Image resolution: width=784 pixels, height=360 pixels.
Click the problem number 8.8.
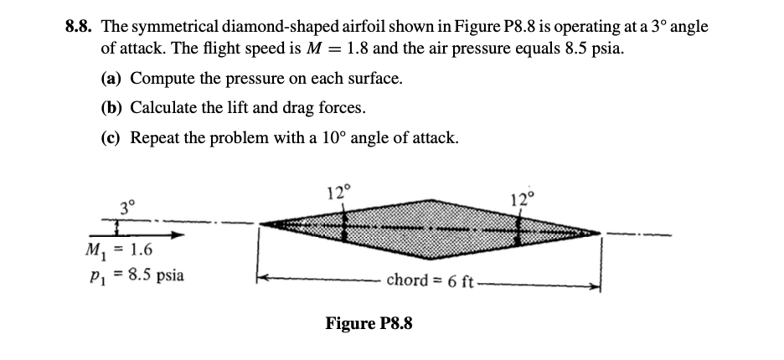(x=80, y=27)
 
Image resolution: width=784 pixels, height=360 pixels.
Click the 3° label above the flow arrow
(x=126, y=204)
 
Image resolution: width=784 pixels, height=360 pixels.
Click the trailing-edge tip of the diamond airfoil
(x=601, y=231)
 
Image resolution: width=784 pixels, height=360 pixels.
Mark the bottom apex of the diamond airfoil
(x=429, y=256)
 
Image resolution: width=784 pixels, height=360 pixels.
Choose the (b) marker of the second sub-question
(x=111, y=107)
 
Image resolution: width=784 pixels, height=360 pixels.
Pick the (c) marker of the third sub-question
(x=111, y=136)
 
